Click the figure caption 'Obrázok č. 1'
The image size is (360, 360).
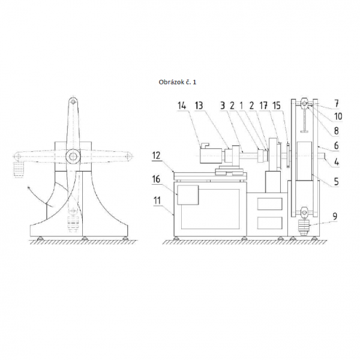click(178, 82)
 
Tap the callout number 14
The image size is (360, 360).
click(182, 106)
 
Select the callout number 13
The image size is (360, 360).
click(199, 106)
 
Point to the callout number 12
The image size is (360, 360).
click(156, 156)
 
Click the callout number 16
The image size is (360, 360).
click(156, 179)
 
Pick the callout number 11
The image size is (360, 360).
click(157, 200)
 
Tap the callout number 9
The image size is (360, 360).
click(335, 216)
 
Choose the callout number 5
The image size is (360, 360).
click(337, 181)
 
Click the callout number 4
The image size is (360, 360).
click(337, 162)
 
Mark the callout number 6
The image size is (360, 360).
click(337, 146)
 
